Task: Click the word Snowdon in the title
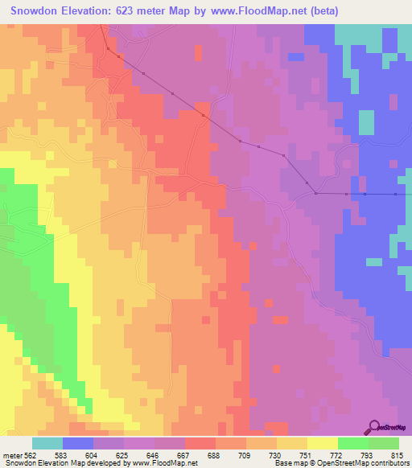(35, 11)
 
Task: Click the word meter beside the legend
(14, 456)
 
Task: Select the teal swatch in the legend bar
(47, 443)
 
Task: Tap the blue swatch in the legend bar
(78, 443)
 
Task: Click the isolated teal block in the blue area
(366, 122)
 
